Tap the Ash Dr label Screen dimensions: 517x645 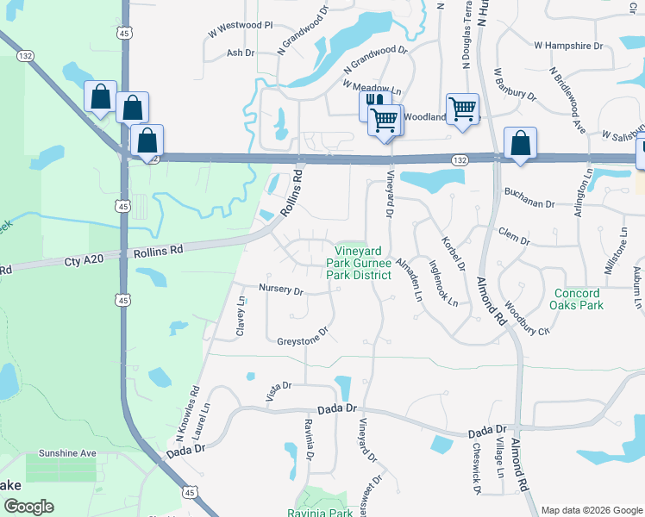pos(241,53)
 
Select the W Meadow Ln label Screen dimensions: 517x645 pos(372,87)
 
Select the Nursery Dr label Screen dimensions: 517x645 pos(281,290)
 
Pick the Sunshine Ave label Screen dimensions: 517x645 pos(67,453)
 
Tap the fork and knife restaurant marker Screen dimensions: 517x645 pos(373,101)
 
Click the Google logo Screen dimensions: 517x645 pos(28,507)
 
